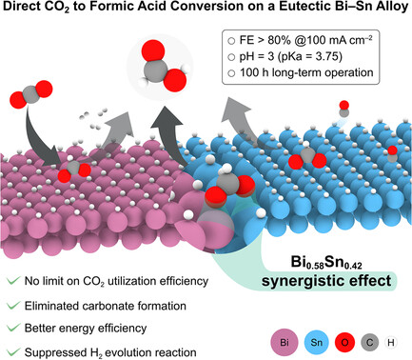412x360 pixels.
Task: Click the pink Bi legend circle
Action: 284,343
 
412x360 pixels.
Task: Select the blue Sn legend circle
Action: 316,343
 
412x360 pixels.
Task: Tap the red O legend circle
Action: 344,343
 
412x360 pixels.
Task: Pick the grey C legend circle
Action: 369,343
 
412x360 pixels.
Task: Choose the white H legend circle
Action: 391,343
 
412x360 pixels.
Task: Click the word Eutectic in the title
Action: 302,7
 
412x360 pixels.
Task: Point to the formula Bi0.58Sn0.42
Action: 326,263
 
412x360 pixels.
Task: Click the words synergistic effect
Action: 326,281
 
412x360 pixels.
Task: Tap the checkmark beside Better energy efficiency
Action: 13,328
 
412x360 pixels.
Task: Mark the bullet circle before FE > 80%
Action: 231,41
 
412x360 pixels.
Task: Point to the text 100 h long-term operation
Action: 306,72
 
